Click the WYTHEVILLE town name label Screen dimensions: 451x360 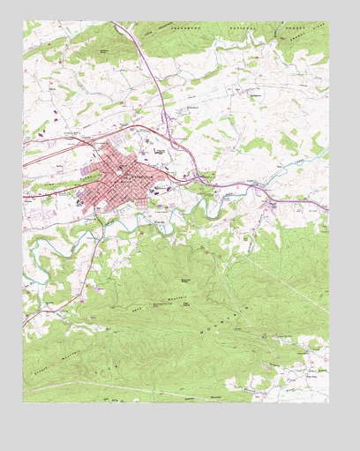pos(140,175)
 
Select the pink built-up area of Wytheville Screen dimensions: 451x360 pos(124,177)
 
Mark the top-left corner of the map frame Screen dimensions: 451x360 pos(24,22)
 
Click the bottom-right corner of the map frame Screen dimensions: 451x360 pos(328,402)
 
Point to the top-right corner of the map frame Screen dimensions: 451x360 pos(328,22)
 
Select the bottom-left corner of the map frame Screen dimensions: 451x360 pos(24,402)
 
